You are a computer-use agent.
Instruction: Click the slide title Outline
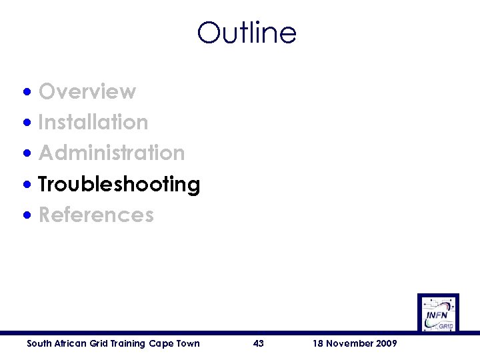coord(247,33)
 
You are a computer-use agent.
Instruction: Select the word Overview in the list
coord(87,91)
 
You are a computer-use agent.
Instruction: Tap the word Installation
coord(93,122)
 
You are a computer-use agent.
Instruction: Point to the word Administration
coord(112,153)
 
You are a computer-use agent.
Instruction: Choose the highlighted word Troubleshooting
coord(119,184)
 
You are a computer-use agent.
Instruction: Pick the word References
coord(96,215)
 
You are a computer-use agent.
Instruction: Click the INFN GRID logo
coord(438,313)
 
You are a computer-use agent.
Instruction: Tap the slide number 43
coord(259,343)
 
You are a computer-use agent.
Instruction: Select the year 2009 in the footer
coord(386,343)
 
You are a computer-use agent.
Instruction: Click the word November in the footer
coord(349,343)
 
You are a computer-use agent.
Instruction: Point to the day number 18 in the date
coord(318,343)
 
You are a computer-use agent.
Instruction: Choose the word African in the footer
coord(69,343)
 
